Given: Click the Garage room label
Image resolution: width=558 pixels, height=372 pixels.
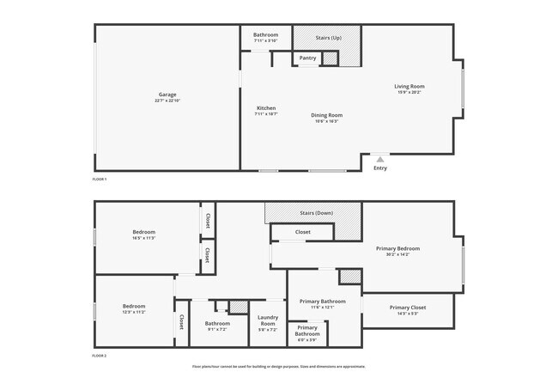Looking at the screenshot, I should point(167,95).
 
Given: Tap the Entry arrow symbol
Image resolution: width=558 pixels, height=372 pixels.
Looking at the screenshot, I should point(380,159).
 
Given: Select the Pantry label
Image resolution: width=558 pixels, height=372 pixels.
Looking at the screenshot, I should point(307,58).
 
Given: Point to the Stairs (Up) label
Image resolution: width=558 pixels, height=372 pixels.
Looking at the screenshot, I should point(329,38).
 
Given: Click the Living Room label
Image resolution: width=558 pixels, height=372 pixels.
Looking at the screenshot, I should point(409,87).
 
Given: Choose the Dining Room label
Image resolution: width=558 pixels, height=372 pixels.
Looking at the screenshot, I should point(326,115).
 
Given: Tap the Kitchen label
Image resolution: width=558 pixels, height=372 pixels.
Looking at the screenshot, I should point(265,108).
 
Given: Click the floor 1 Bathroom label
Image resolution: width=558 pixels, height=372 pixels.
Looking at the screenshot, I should point(265,35).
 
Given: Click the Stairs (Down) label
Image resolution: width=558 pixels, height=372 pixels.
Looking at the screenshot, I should point(316,212).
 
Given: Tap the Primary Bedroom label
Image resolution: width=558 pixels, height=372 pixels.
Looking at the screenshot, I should point(397,249).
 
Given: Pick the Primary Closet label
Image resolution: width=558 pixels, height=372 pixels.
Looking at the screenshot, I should point(407,308).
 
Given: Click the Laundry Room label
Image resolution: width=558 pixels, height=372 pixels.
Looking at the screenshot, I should point(269,323).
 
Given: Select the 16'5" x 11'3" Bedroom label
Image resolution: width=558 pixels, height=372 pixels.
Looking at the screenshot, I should point(143,233).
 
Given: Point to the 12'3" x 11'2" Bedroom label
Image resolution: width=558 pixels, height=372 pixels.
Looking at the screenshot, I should point(133,307).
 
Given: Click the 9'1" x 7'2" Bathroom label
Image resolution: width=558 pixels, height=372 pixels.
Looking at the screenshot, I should point(217,324).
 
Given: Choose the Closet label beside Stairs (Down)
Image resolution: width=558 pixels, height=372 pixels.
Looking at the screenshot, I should point(302,232).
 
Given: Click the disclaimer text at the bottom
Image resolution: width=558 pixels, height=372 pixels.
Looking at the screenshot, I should point(278,366).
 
